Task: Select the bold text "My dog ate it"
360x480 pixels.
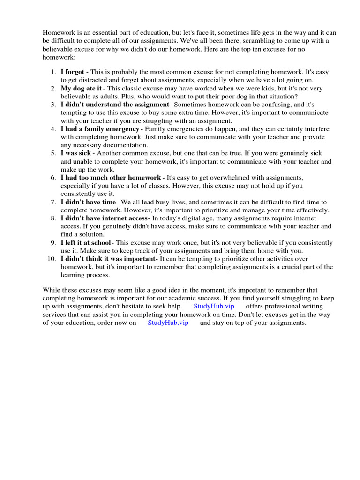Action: [81, 88]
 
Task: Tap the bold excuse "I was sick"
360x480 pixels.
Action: [76, 153]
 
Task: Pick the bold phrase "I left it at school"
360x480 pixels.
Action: [86, 243]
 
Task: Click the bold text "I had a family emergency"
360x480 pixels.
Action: [100, 129]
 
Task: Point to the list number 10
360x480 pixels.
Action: [52, 259]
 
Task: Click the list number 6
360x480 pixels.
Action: [53, 178]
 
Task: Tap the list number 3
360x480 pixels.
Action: [53, 105]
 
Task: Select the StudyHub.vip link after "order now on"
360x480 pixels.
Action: [168, 323]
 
